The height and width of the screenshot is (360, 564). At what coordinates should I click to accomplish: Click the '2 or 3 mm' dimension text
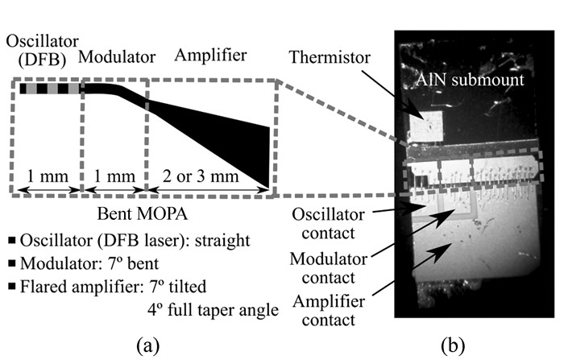pyautogui.click(x=208, y=176)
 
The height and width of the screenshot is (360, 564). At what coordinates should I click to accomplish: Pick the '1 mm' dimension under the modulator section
pyautogui.click(x=114, y=176)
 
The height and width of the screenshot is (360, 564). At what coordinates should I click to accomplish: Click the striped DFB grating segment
pyautogui.click(x=49, y=89)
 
